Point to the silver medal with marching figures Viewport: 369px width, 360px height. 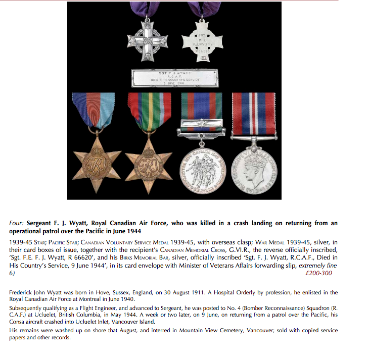coord(202,170)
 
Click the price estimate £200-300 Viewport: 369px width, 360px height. coord(319,273)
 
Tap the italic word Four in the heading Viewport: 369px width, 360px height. coord(17,223)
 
